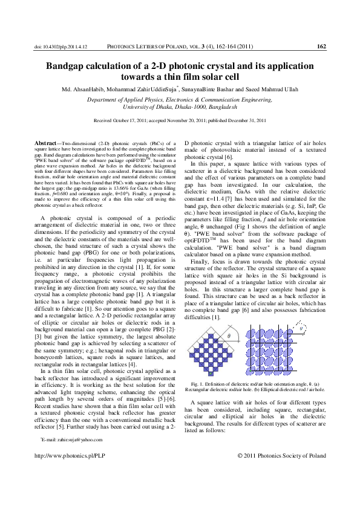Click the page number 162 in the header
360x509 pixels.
(x=322, y=46)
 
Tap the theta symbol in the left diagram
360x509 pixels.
(x=229, y=335)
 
